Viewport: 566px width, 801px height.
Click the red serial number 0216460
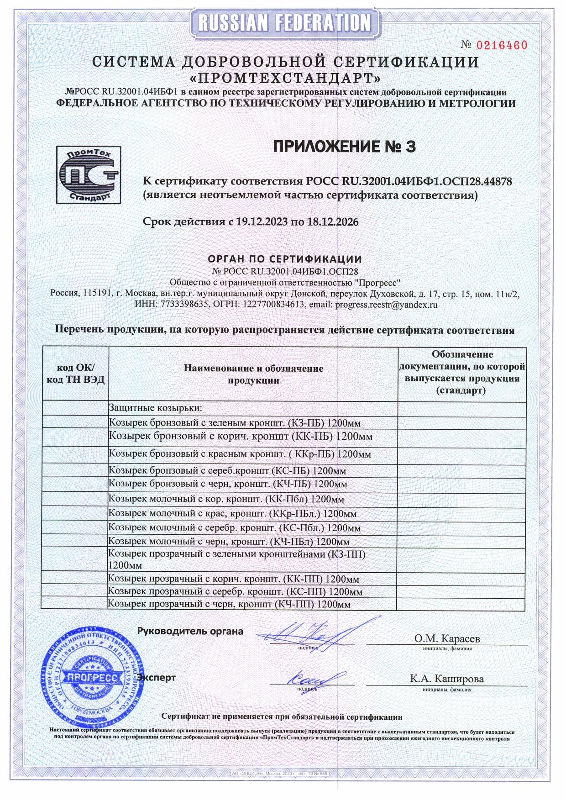click(502, 45)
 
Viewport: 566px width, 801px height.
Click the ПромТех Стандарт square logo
click(89, 174)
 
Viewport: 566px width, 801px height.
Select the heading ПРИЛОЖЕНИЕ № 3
click(345, 147)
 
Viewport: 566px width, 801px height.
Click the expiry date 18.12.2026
click(332, 222)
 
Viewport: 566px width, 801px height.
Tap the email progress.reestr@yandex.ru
click(386, 305)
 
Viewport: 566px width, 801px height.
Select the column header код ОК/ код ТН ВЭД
click(76, 374)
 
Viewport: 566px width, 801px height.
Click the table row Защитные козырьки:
click(155, 408)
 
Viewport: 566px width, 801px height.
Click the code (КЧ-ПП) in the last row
click(295, 604)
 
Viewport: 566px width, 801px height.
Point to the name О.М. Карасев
click(447, 638)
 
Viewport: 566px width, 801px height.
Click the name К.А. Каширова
click(447, 679)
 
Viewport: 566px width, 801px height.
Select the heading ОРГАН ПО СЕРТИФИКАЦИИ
click(285, 259)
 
